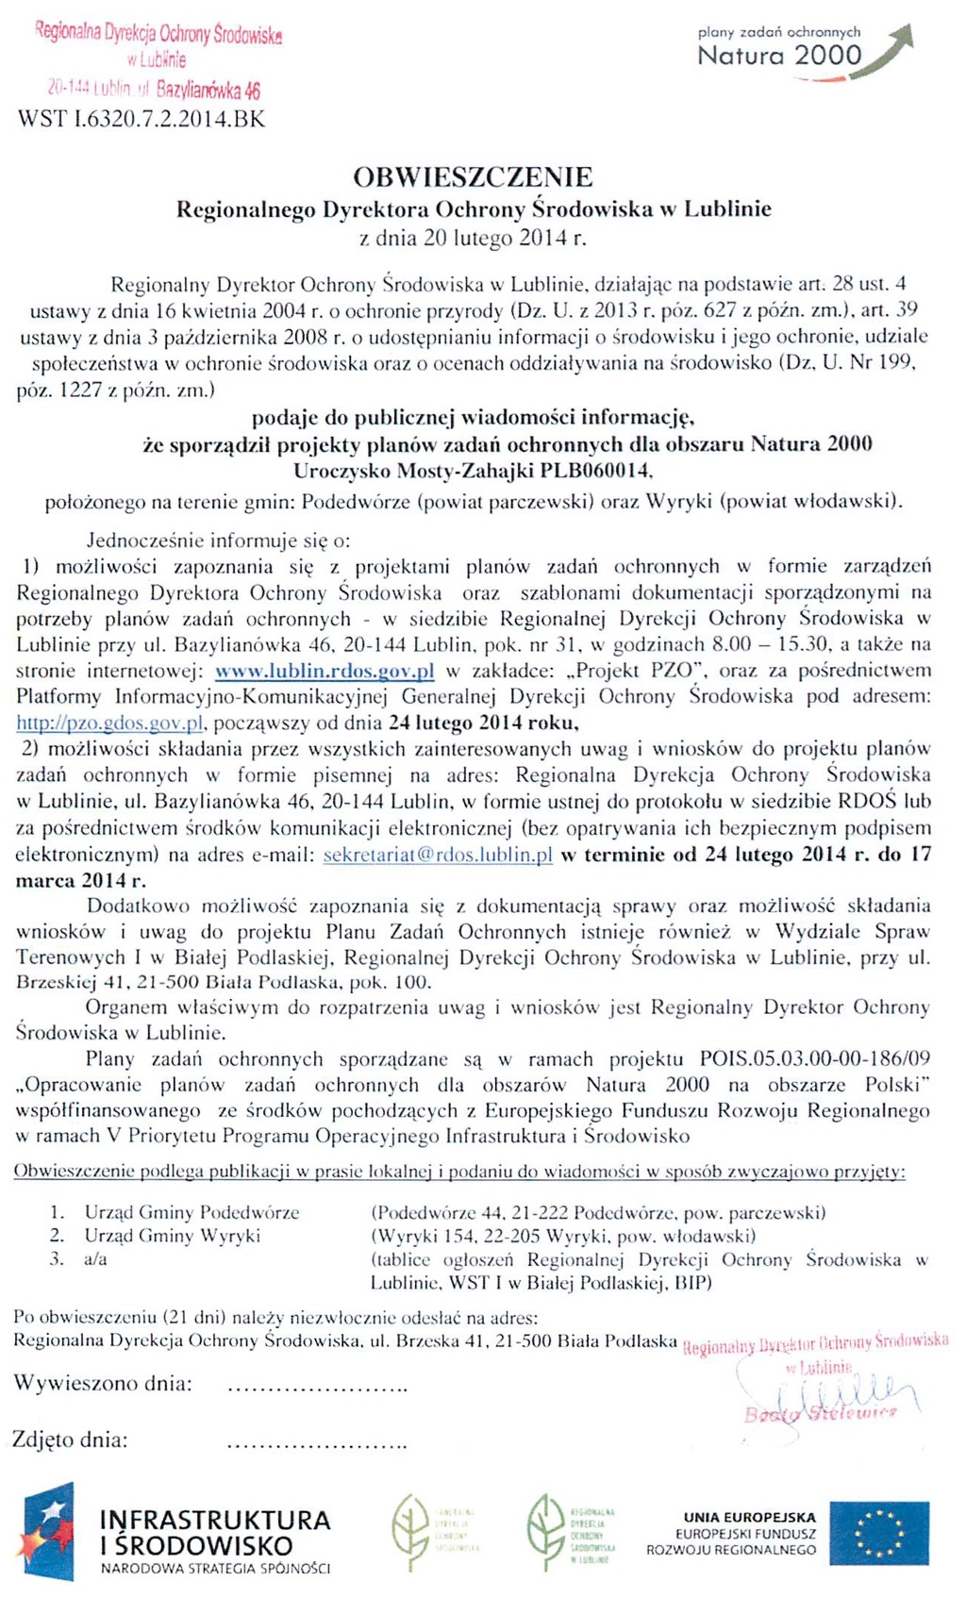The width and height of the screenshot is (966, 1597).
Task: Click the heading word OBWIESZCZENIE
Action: tap(473, 176)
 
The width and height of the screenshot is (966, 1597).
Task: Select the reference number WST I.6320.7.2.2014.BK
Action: tap(142, 119)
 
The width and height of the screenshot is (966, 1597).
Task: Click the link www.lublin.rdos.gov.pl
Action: tap(325, 671)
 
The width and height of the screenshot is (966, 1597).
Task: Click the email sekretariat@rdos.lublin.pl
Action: tap(437, 855)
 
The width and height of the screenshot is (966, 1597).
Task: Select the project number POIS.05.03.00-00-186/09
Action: tap(814, 1059)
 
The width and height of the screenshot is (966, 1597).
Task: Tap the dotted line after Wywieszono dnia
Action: tap(317, 1388)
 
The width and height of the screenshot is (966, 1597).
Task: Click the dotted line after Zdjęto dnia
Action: tap(317, 1443)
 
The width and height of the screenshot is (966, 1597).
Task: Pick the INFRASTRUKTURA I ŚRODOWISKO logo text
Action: tap(215, 1533)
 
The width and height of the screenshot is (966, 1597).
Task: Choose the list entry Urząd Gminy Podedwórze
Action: tap(192, 1212)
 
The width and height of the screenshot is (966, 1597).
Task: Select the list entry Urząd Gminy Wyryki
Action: tap(172, 1236)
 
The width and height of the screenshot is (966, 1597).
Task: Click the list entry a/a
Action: tap(95, 1259)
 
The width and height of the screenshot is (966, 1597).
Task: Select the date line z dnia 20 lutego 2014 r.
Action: tap(474, 238)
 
